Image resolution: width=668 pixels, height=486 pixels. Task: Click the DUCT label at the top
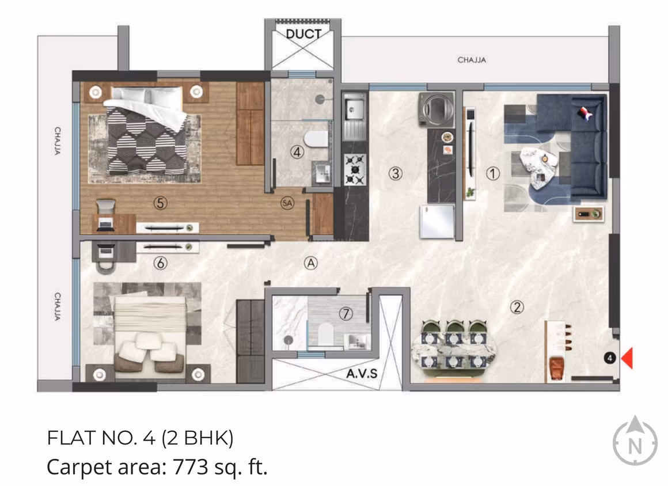(x=303, y=34)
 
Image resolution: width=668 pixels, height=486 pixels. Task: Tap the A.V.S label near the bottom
(x=362, y=373)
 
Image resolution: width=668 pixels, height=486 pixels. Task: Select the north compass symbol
(x=635, y=442)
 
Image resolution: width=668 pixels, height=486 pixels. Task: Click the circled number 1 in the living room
(x=492, y=173)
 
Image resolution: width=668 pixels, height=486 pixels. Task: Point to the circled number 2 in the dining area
(x=517, y=307)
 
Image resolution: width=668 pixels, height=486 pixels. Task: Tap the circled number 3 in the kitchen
(x=394, y=173)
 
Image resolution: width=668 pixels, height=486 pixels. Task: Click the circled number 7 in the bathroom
(x=346, y=314)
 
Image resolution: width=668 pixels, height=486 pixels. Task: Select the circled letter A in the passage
(x=311, y=263)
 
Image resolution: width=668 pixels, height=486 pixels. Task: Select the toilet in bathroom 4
(x=316, y=139)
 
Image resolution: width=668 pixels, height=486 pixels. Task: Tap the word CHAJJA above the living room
(x=472, y=60)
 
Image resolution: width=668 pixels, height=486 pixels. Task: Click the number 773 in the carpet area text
(x=190, y=466)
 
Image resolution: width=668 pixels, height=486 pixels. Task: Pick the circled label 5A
(x=287, y=203)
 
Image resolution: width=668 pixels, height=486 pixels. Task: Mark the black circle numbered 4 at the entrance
(x=611, y=358)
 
